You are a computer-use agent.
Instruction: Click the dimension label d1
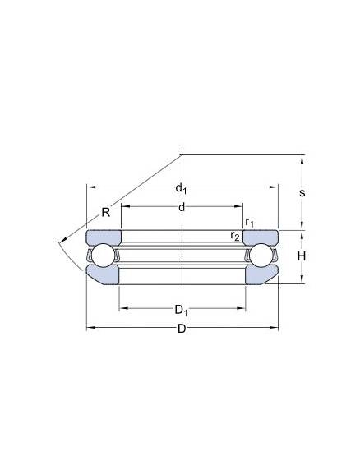[x=181, y=189]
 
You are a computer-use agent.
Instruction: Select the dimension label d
[x=182, y=207]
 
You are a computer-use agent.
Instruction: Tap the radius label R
[x=106, y=212]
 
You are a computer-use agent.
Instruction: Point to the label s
[x=302, y=193]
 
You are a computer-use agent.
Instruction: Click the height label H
[x=302, y=256]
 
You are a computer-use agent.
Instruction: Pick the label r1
[x=249, y=222]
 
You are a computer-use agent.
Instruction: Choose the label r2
[x=235, y=236]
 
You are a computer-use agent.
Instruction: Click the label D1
[x=182, y=311]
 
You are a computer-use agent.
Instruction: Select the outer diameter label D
[x=182, y=329]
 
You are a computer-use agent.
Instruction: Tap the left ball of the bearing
[x=103, y=256]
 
